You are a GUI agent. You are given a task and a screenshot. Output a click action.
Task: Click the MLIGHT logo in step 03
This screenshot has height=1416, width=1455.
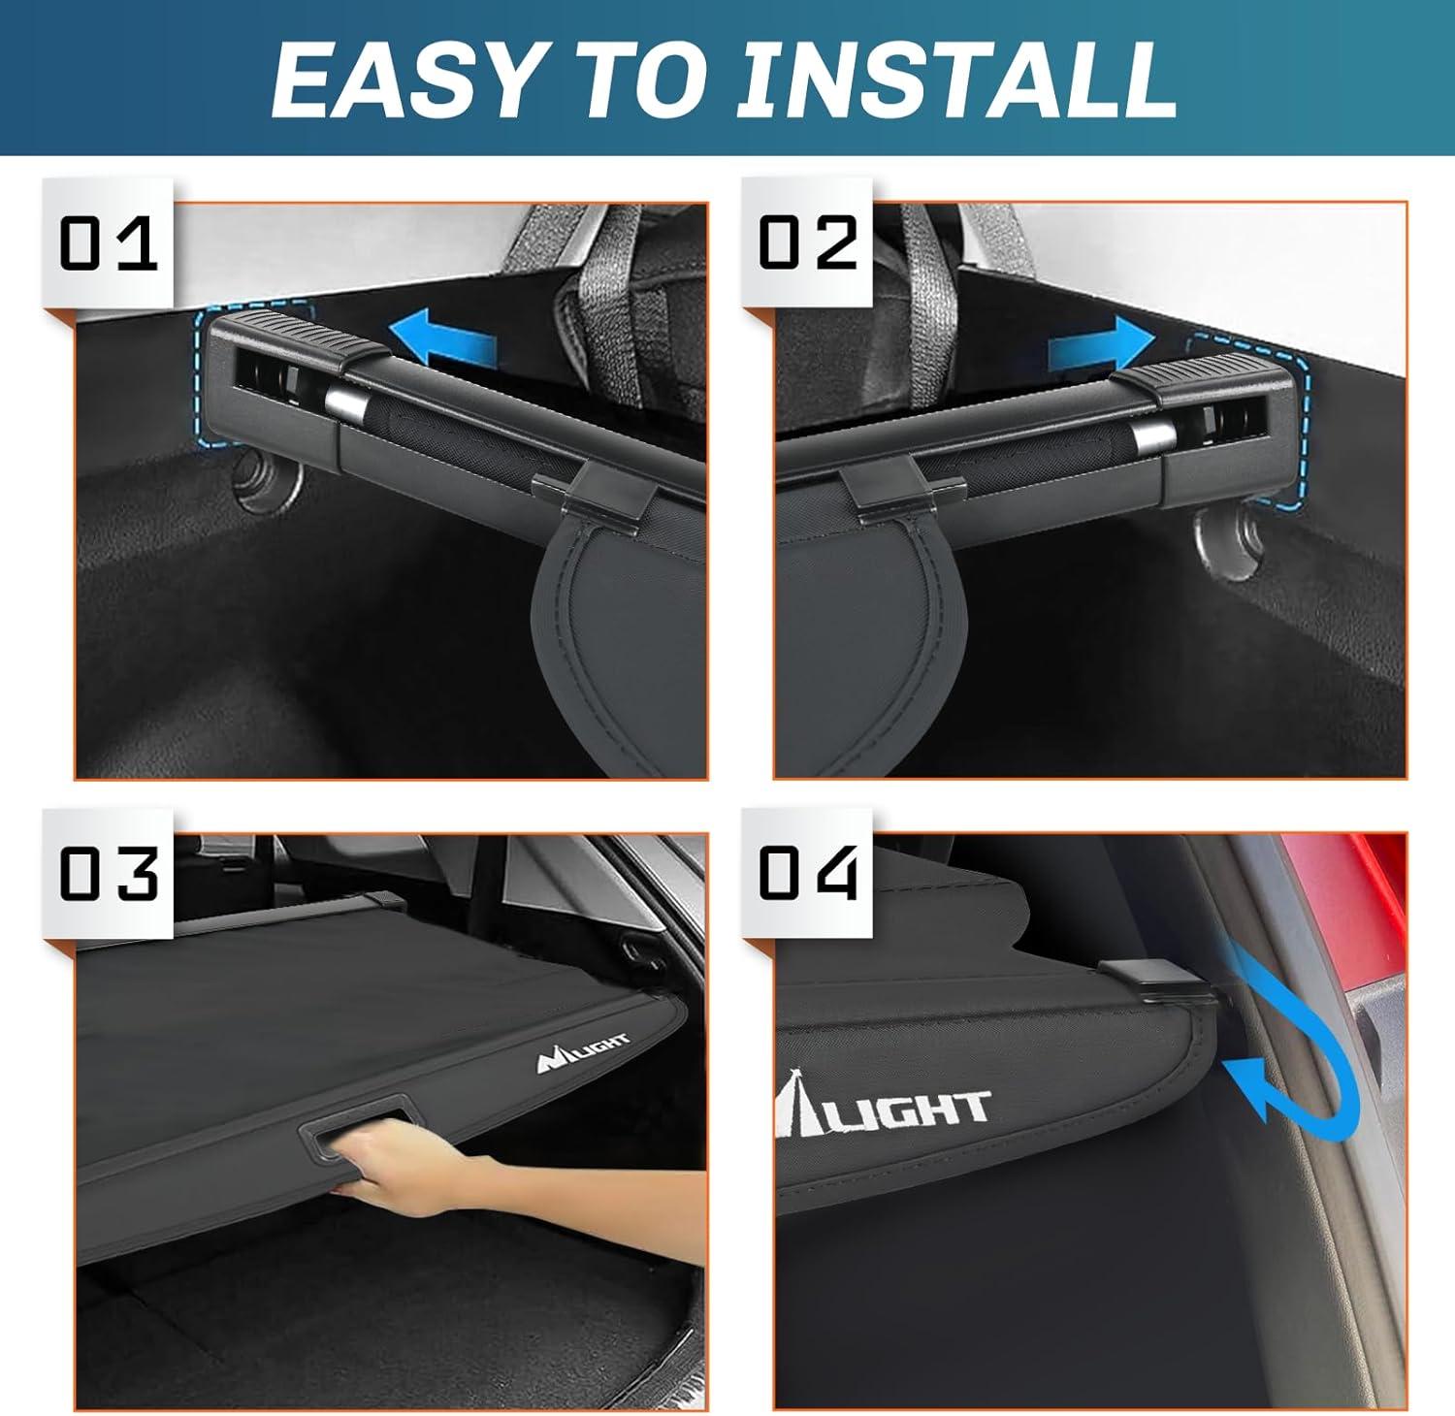pyautogui.click(x=583, y=1052)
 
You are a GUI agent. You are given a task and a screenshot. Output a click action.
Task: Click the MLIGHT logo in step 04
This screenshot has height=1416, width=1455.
pyautogui.click(x=883, y=1106)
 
